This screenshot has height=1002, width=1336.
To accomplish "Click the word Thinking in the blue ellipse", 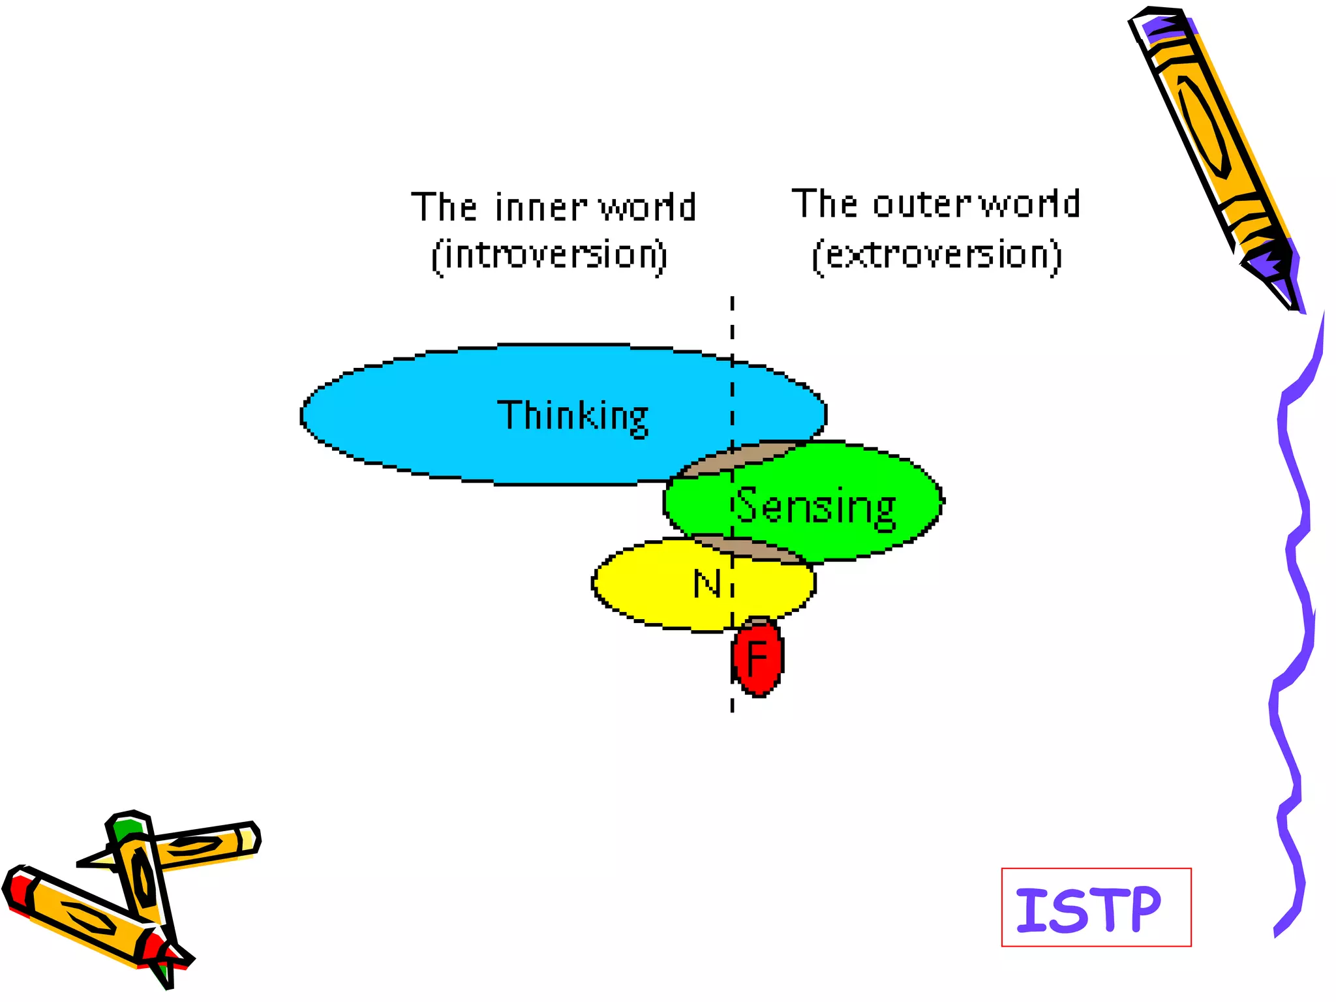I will coord(573,416).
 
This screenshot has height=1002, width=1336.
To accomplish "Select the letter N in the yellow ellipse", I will coord(707,583).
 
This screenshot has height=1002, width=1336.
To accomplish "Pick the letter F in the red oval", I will coord(757,658).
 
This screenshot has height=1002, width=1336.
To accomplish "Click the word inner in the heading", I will coord(541,207).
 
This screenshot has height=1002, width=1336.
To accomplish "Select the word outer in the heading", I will coord(922,204).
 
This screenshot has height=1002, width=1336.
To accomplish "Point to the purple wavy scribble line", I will coord(1295,587).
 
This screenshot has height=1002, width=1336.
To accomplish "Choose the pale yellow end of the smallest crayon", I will coord(249,839).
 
